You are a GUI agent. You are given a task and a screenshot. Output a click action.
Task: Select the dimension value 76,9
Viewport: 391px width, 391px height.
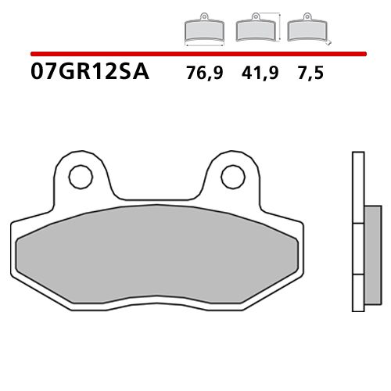(x=203, y=74)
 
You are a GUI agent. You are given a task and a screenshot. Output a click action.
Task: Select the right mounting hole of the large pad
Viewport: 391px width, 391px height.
(x=231, y=177)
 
